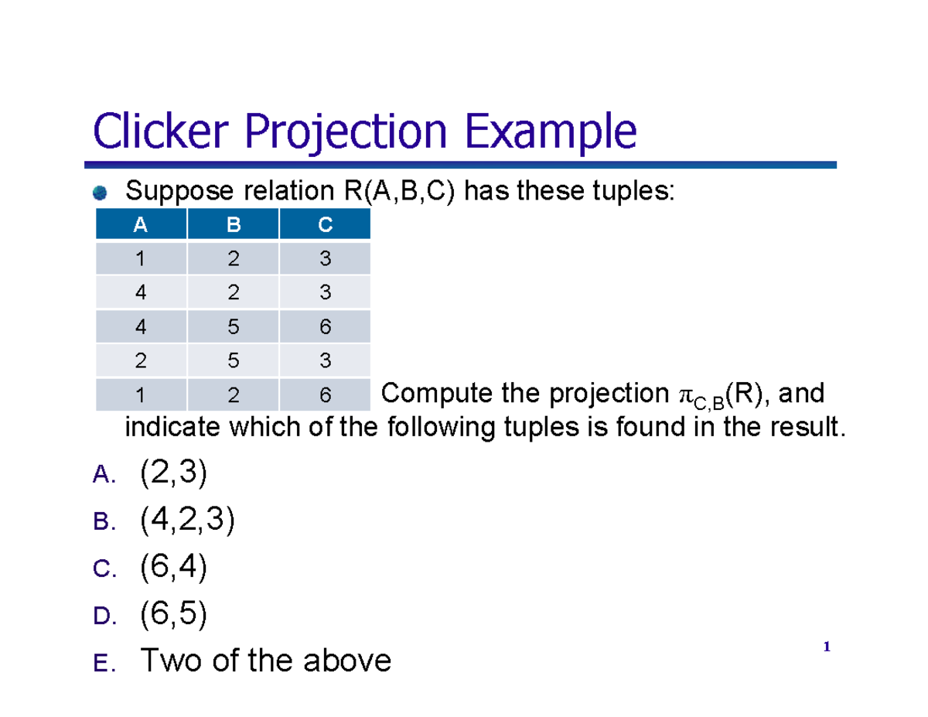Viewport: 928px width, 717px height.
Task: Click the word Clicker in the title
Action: [x=163, y=132]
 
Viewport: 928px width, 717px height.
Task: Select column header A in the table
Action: [x=140, y=225]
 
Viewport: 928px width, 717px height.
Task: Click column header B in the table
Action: [x=233, y=225]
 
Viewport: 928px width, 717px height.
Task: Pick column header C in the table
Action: [x=325, y=225]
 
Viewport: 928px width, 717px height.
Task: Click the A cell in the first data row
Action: [x=140, y=259]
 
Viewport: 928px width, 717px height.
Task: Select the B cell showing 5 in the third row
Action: [x=233, y=327]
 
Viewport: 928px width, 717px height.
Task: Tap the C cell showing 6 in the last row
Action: [x=325, y=395]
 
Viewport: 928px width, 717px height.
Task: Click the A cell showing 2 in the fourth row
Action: [x=140, y=361]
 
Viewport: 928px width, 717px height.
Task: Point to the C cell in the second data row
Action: [x=325, y=293]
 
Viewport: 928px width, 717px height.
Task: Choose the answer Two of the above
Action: [x=265, y=661]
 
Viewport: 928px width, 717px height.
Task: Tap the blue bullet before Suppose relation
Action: [x=100, y=192]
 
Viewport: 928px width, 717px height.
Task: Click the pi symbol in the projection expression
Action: [x=686, y=395]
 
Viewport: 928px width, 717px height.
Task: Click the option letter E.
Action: [x=101, y=664]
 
